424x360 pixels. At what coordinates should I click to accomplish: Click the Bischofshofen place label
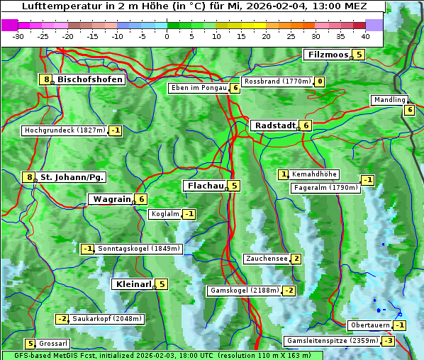tap(90, 79)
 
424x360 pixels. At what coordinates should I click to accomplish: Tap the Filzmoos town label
tap(327, 55)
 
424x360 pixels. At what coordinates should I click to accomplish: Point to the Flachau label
tap(204, 186)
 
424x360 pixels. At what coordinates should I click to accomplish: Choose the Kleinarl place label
tap(133, 284)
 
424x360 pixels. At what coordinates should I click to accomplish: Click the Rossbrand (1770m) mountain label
tap(277, 81)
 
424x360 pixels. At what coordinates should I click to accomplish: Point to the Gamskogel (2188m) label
tap(244, 291)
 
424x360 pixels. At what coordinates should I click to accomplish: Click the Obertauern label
tap(370, 325)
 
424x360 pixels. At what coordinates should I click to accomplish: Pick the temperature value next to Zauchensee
tap(296, 259)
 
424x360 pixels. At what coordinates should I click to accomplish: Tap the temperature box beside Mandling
tap(409, 109)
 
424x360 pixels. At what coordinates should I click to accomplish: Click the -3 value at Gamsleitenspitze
tap(388, 341)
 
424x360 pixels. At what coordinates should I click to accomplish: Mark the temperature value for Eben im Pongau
tap(235, 88)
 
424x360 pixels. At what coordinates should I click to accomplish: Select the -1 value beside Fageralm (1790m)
tap(367, 180)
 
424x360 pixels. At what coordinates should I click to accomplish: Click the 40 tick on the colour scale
tap(365, 36)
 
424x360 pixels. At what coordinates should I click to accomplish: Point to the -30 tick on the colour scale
tap(19, 36)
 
